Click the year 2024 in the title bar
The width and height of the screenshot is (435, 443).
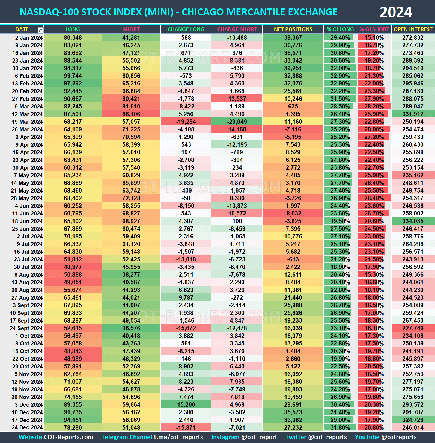[x=396, y=12]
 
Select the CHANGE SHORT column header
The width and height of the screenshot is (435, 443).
[x=237, y=29]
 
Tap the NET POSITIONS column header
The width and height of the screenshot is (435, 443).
[x=293, y=29]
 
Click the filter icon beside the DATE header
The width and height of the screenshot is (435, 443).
[x=41, y=30]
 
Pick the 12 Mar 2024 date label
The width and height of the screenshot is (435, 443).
[x=27, y=114]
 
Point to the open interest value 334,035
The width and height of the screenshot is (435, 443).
[x=413, y=221]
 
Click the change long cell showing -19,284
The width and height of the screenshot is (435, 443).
[x=186, y=122]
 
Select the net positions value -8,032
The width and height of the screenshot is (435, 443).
[x=293, y=214]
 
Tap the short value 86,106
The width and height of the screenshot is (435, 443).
[x=131, y=114]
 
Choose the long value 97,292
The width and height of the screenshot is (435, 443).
[x=73, y=84]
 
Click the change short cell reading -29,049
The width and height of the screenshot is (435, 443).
[x=237, y=122]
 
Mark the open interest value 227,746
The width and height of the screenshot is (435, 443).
[x=413, y=328]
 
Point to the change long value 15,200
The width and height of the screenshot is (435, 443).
[x=186, y=405]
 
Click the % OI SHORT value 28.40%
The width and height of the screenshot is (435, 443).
[x=374, y=198]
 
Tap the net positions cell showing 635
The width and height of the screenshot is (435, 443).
[x=293, y=107]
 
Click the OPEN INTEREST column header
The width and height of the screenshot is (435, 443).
[x=413, y=29]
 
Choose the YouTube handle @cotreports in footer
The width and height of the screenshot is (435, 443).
[x=399, y=437]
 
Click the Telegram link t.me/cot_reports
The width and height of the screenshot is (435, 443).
[x=178, y=437]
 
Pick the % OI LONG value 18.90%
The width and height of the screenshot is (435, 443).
[x=340, y=267]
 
